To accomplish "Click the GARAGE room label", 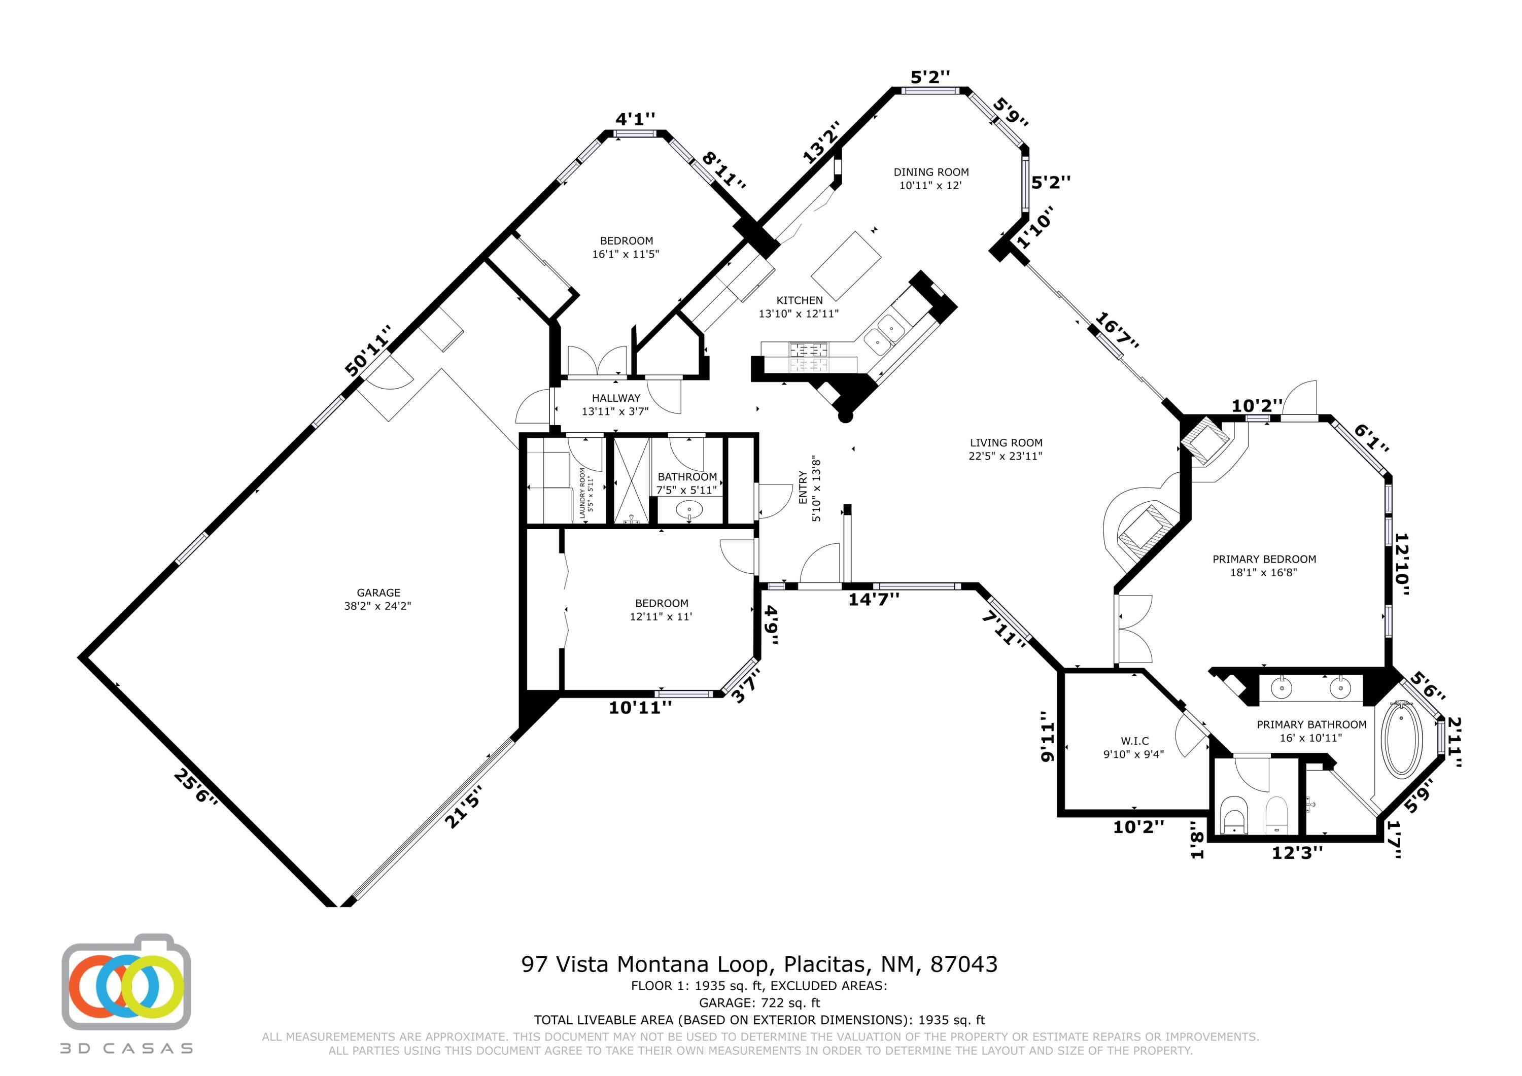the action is (378, 593).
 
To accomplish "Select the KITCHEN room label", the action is (800, 300).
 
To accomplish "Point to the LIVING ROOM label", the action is (1006, 443).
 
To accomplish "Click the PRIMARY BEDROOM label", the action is (1264, 559).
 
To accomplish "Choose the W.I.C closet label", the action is (1135, 741).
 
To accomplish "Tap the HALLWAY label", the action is (616, 398).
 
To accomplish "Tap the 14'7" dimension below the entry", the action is (874, 599).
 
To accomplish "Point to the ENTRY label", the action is (803, 488).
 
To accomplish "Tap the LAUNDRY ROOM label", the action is (583, 493).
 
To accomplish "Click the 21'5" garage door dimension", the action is (463, 807).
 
